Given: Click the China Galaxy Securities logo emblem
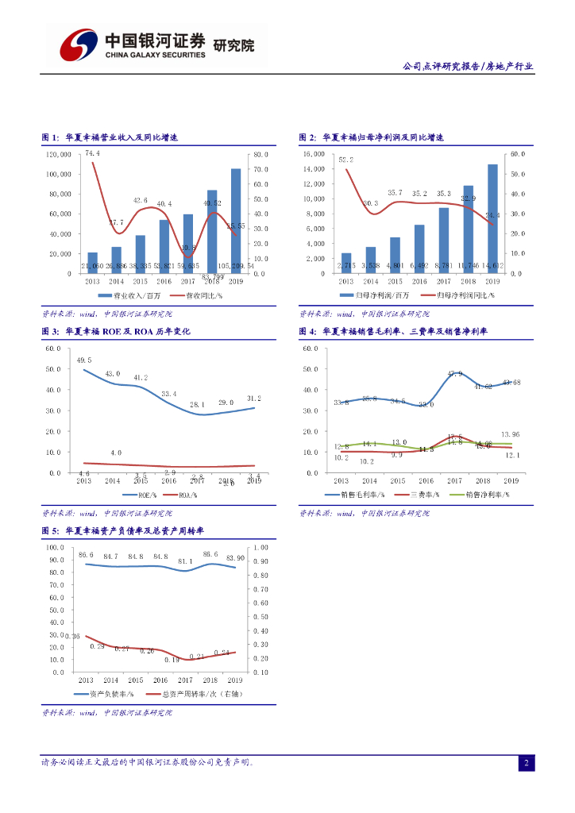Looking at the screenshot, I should [x=77, y=44].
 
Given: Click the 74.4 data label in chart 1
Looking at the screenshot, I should [x=93, y=153].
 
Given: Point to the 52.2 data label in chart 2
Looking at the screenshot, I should [x=345, y=160].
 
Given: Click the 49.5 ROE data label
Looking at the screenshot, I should [x=84, y=360].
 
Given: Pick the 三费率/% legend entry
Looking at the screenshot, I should [x=423, y=494].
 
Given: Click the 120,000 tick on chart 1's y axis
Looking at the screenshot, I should [x=58, y=154].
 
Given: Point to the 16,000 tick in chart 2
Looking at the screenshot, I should [x=315, y=154].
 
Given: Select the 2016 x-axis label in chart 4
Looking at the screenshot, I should [x=426, y=481].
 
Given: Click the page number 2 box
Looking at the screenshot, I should [x=526, y=763].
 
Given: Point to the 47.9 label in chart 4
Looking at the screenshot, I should [x=455, y=373].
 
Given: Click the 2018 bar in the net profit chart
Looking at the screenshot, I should [x=468, y=229].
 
